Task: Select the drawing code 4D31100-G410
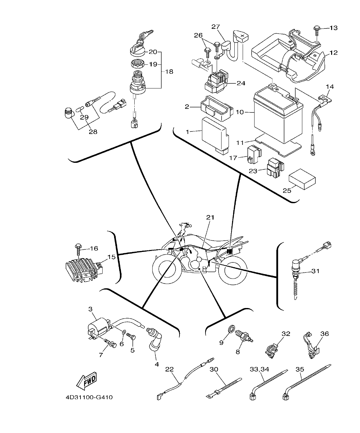pyautogui.click(x=89, y=398)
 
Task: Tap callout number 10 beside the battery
pyautogui.click(x=240, y=112)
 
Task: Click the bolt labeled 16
pyautogui.click(x=79, y=248)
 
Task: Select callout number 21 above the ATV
pyautogui.click(x=210, y=218)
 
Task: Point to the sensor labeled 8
pyautogui.click(x=244, y=337)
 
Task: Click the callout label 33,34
pyautogui.click(x=259, y=369)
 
